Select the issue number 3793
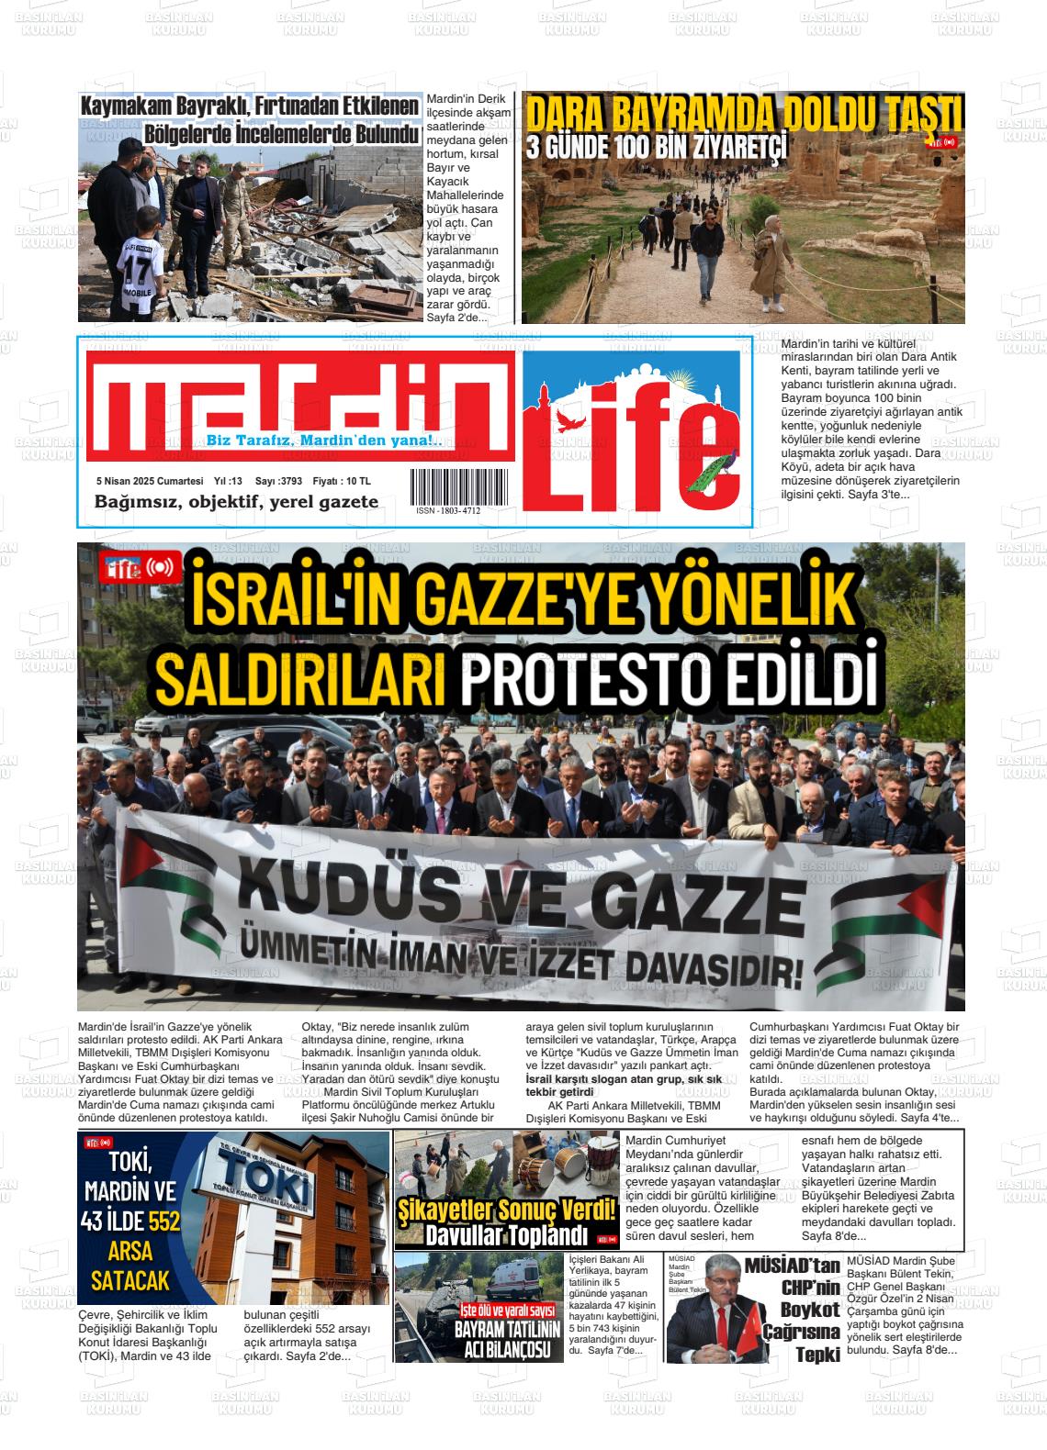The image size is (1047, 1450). [x=290, y=481]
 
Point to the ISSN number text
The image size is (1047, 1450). [x=448, y=511]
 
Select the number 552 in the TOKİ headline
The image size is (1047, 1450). [x=163, y=1221]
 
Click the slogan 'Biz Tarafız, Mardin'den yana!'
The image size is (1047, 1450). [x=324, y=441]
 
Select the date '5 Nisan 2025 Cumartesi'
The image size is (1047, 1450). [x=150, y=481]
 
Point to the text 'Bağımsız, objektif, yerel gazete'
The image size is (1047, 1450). [x=236, y=502]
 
